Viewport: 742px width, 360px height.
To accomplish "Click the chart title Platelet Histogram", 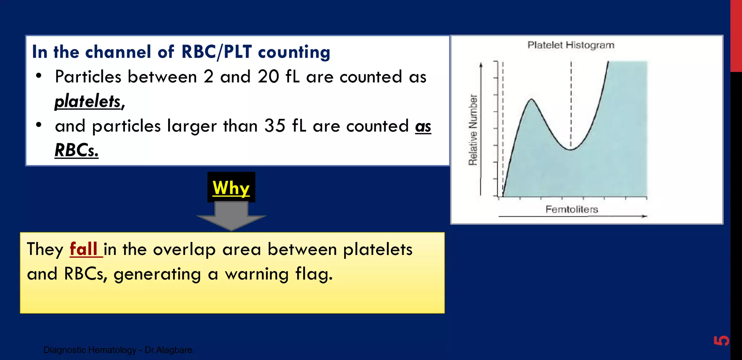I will (571, 45).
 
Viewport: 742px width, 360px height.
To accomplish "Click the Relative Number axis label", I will (473, 130).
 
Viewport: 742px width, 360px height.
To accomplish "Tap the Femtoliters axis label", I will (571, 209).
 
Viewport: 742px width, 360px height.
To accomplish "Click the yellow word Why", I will (231, 188).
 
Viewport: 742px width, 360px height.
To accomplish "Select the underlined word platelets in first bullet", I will (88, 101).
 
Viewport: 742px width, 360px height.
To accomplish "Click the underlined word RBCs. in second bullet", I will (76, 150).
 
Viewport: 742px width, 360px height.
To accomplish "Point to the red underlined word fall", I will (84, 249).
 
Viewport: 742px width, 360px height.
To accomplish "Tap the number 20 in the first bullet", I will (268, 77).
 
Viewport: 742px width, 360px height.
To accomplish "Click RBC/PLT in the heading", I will (216, 52).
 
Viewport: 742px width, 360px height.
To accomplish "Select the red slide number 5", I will (721, 340).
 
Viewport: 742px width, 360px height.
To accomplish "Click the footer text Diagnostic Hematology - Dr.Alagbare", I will (118, 350).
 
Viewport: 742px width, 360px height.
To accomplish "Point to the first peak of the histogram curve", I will (532, 99).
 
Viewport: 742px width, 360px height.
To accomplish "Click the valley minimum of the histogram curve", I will (570, 149).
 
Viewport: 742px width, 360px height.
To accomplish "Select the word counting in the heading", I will (294, 52).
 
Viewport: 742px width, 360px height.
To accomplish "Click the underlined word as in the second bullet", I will (423, 126).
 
